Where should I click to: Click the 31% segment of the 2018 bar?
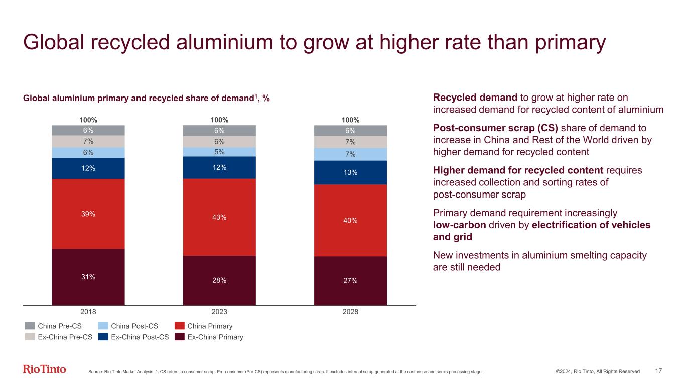88,277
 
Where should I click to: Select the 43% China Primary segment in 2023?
219,217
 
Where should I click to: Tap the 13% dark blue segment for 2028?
350,172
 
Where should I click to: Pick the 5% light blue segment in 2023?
219,152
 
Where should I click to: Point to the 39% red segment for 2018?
88,214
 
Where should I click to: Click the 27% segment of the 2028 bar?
350,280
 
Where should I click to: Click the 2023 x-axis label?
219,312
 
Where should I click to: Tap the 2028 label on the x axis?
350,312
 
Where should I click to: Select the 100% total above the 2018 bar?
88,120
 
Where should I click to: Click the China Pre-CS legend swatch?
30,326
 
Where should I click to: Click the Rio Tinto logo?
44,369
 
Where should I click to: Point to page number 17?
659,371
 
